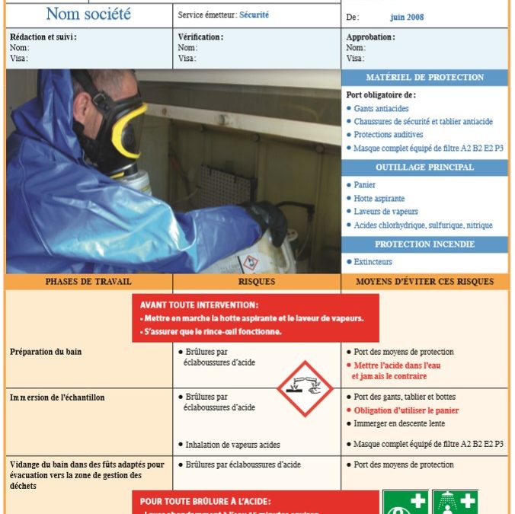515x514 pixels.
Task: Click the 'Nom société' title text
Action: (88, 14)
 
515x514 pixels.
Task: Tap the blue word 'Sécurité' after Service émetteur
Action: (254, 14)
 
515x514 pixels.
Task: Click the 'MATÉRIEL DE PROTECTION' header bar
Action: (424, 78)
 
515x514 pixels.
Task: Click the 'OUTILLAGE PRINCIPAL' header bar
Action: (424, 168)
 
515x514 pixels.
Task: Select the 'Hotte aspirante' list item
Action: (380, 198)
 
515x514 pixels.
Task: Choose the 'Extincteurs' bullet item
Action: (373, 261)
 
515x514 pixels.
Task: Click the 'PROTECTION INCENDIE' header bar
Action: (424, 244)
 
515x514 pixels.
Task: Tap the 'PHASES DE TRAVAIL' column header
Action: (88, 282)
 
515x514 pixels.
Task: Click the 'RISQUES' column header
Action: (257, 282)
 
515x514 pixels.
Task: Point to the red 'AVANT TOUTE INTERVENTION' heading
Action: (199, 305)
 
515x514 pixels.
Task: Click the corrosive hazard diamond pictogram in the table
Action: (305, 388)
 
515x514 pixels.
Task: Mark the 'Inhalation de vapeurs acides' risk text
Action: (232, 444)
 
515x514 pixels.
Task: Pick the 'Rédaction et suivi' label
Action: (43, 37)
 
